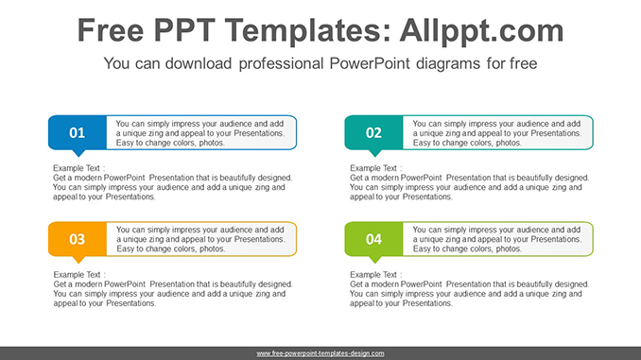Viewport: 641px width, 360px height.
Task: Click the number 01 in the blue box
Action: (77, 133)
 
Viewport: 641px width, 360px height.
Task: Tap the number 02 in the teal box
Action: (373, 133)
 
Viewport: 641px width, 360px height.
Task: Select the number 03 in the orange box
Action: (77, 240)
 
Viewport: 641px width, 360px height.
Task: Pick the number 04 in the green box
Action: (373, 240)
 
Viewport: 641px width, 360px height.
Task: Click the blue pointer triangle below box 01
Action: (78, 153)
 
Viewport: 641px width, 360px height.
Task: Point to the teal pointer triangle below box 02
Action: (374, 153)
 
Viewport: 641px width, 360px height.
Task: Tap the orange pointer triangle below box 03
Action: (78, 260)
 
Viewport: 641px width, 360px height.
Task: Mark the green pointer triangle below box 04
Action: (374, 260)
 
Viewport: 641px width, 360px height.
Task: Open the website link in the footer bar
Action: (320, 352)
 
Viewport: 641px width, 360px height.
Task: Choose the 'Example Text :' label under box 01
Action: (79, 168)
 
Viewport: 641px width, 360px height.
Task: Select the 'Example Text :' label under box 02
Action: (376, 168)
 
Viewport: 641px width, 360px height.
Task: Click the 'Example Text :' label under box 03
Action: (79, 275)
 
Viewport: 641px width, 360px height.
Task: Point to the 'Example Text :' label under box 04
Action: (376, 275)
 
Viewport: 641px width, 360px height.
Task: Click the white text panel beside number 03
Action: (200, 239)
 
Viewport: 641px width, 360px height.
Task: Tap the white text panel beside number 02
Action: (497, 132)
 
